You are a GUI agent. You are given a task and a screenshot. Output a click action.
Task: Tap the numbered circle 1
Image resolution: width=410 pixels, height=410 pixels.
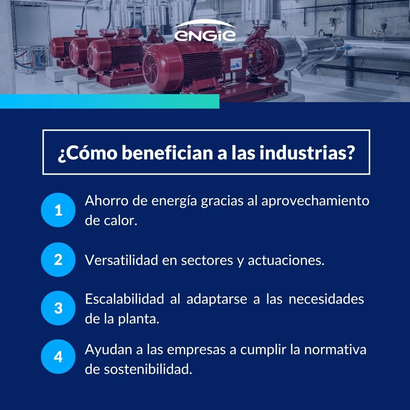58,210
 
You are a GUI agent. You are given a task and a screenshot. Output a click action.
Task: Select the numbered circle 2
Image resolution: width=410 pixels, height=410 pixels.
58,260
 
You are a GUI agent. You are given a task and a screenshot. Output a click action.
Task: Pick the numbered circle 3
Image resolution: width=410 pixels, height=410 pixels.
58,308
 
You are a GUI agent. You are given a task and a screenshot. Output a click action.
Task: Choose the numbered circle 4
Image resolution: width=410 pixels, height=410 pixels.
58,356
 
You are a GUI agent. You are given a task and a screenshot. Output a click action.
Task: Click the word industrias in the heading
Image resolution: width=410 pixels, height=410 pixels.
307,153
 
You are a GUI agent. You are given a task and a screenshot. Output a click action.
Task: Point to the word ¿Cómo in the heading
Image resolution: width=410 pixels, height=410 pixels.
88,153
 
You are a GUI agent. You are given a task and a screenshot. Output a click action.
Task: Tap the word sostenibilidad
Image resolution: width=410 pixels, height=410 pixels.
148,369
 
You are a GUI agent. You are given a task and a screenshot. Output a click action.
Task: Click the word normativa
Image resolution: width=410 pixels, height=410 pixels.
335,350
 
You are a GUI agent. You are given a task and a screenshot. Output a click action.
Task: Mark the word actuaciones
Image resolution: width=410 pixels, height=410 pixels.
286,260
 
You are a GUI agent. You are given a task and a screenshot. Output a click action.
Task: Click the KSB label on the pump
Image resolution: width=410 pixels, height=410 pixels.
236,64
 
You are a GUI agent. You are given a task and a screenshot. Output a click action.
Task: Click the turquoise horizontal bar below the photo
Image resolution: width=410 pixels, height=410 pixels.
110,101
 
